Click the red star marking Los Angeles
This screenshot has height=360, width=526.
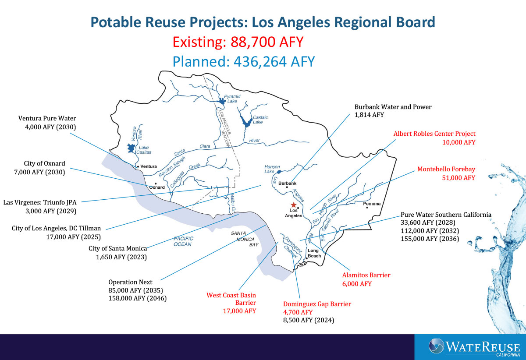pos(293,205)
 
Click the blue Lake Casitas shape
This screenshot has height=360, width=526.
pos(131,148)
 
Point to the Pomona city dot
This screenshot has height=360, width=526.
pos(367,208)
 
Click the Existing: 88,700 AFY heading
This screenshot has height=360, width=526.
pos(238,42)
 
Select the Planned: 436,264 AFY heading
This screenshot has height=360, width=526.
pos(244,61)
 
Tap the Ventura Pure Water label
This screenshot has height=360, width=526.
pos(47,118)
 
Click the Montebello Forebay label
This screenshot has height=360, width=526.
pos(446,169)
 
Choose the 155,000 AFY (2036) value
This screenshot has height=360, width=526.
pos(430,239)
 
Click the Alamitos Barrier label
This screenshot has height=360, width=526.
pos(366,275)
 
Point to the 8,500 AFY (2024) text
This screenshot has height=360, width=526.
pos(309,320)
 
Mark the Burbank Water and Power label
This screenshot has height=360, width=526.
pos(393,107)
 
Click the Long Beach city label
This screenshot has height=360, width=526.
pos(314,253)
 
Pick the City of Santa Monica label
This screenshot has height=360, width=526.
pos(118,249)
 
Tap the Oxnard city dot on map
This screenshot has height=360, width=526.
pos(156,184)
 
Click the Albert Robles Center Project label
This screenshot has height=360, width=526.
pos(434,134)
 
